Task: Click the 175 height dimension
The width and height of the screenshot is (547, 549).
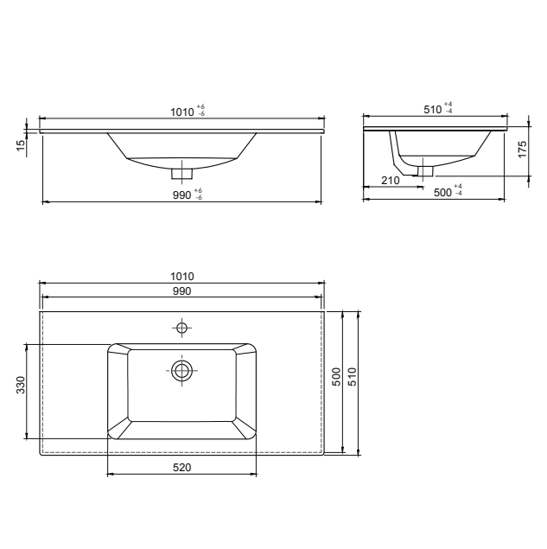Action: click(522, 148)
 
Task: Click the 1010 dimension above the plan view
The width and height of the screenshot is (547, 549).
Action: click(182, 276)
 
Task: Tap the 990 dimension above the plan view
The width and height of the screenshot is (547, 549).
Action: click(182, 291)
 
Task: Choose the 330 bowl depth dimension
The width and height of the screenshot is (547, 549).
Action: click(22, 386)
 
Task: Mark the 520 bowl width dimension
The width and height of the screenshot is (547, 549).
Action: click(181, 467)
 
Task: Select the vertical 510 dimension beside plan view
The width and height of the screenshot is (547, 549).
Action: click(352, 378)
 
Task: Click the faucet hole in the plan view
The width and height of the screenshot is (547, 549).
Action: click(181, 327)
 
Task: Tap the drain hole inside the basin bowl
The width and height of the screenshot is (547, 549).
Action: click(181, 370)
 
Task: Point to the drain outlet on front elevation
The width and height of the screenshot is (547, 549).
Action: click(182, 166)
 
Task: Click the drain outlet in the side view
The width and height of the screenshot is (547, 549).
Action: click(423, 169)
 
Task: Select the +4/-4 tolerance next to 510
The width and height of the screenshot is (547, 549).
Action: click(448, 108)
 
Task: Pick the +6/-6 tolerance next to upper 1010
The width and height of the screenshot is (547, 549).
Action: click(200, 110)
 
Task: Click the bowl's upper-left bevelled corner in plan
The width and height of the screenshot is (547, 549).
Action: click(118, 352)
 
